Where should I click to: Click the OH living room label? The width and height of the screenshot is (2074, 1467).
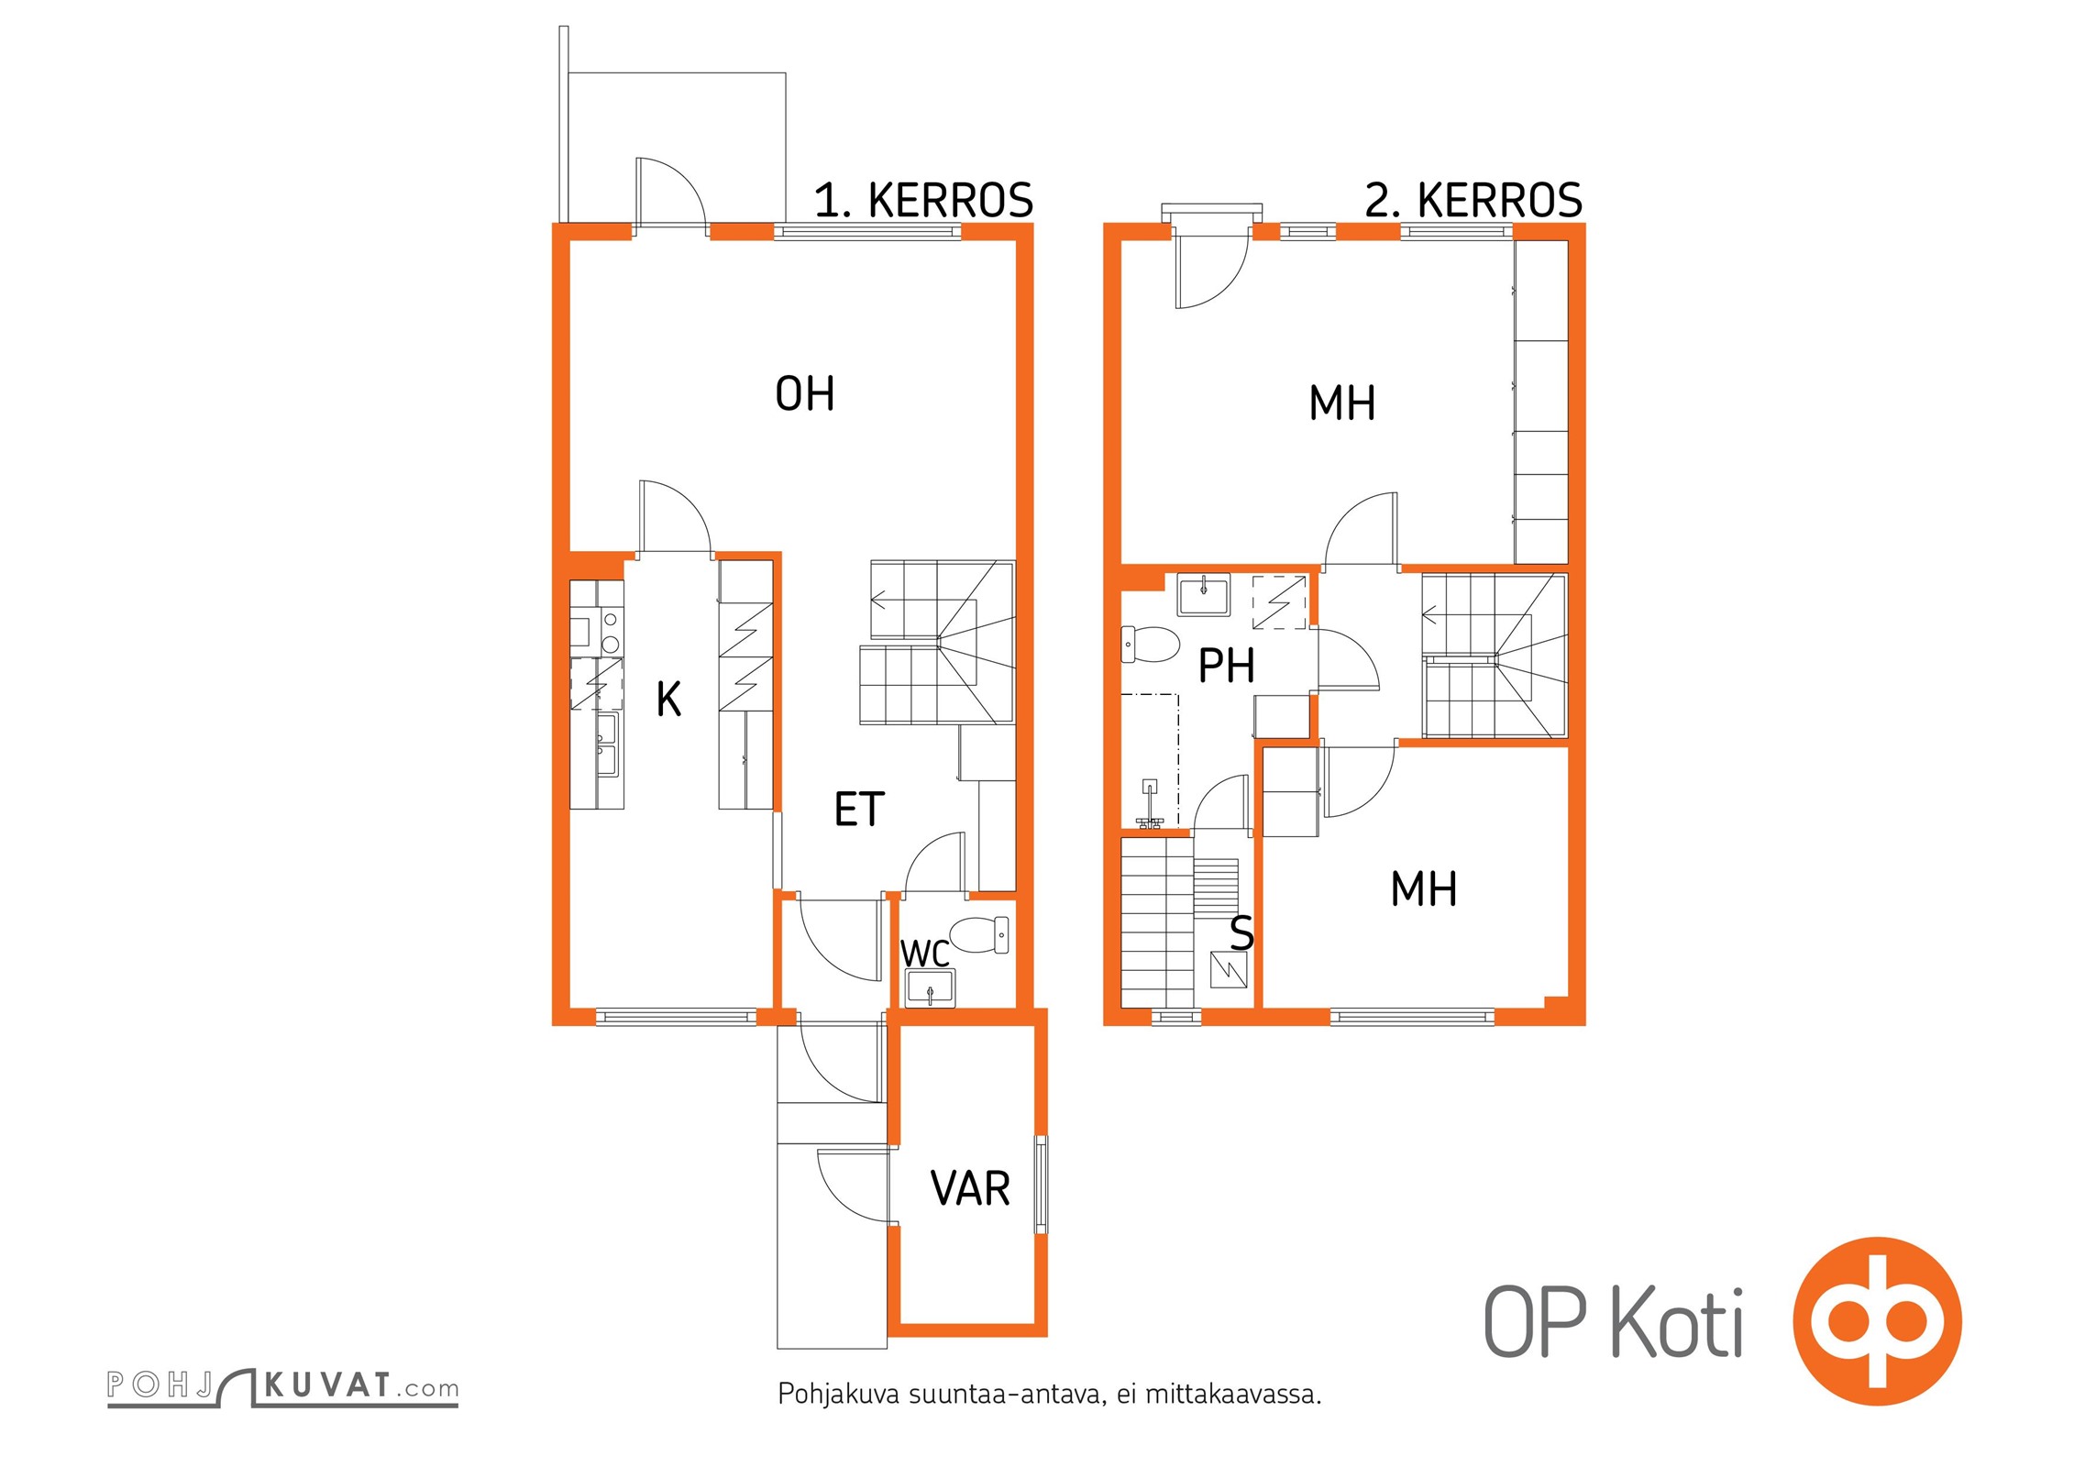804,393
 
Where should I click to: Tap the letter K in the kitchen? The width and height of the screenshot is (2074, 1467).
668,699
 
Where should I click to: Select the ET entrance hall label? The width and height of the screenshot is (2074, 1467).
858,809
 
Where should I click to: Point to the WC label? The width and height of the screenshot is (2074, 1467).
924,954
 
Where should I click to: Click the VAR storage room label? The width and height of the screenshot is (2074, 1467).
970,1188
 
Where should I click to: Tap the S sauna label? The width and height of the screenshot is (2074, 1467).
1241,932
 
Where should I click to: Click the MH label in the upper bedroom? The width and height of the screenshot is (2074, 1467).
1342,403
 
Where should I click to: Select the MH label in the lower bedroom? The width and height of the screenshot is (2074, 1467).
1423,888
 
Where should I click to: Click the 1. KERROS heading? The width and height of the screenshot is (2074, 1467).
923,200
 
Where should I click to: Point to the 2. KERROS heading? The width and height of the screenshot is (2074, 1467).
1473,200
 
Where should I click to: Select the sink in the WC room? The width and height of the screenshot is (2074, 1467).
930,989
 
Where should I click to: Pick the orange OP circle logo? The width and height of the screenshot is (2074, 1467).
1877,1321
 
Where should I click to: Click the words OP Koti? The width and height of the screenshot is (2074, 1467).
1613,1321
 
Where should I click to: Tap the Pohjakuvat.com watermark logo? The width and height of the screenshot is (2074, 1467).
282,1386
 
